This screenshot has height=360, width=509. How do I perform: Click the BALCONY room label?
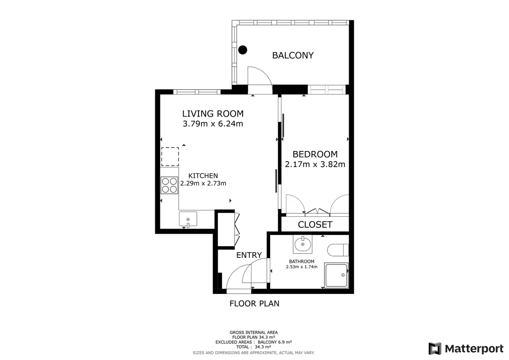[x=293, y=56]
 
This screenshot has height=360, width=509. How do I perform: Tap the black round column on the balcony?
[x=243, y=50]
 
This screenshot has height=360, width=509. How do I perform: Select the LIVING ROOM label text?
[x=213, y=114]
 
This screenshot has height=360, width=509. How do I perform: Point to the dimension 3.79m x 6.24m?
[x=213, y=124]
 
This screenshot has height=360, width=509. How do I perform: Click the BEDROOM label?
[x=315, y=154]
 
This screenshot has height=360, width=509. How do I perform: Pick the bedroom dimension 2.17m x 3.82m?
[x=315, y=164]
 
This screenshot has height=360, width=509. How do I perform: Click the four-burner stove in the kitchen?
[x=169, y=185]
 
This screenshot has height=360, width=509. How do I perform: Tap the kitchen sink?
[x=188, y=219]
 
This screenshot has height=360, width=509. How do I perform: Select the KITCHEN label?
[x=203, y=176]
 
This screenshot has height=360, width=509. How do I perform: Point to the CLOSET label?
[x=315, y=225]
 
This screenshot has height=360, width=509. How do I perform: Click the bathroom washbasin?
[x=303, y=244]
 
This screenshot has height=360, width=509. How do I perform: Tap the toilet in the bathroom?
[x=338, y=250]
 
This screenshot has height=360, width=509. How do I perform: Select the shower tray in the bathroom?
[x=336, y=276]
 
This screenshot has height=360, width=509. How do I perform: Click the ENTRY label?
[x=249, y=255]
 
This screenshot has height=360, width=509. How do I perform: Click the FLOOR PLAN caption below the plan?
[x=254, y=304]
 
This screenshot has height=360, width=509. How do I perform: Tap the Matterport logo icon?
[x=435, y=349]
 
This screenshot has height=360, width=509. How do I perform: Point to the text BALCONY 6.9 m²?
[x=275, y=342]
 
